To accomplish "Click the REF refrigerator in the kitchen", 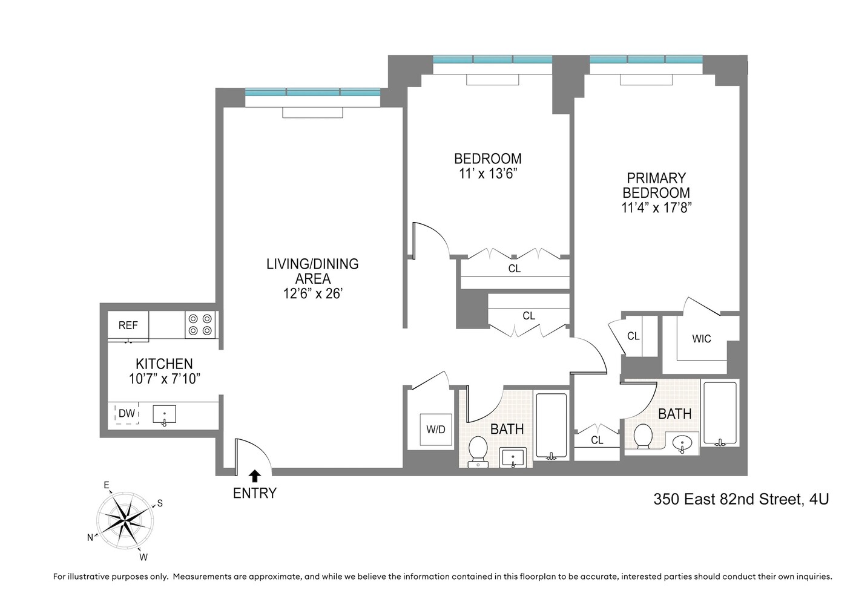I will pos(128,325).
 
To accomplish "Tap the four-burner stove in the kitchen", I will pos(200,324).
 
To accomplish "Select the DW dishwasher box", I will pos(127,414).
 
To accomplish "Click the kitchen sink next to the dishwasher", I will pos(164,415).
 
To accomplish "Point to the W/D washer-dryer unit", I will pos(436,430).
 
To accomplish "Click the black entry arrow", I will pos(255,476).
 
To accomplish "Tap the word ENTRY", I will pos(255,493).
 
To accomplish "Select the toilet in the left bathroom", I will pos(478,450).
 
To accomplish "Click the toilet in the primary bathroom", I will pos(642,436).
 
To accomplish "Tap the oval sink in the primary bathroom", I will pos(682,443).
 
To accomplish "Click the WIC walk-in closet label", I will pos(702,339).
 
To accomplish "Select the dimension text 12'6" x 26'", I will pos(312,294).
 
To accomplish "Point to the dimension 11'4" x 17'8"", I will pos(656,208).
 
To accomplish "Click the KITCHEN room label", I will pos(164,364).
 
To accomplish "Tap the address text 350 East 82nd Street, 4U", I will pos(741,499).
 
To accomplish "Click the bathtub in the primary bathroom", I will pos(720,414).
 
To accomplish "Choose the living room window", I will pos(312,93).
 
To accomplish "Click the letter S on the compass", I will pos(160,503).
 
